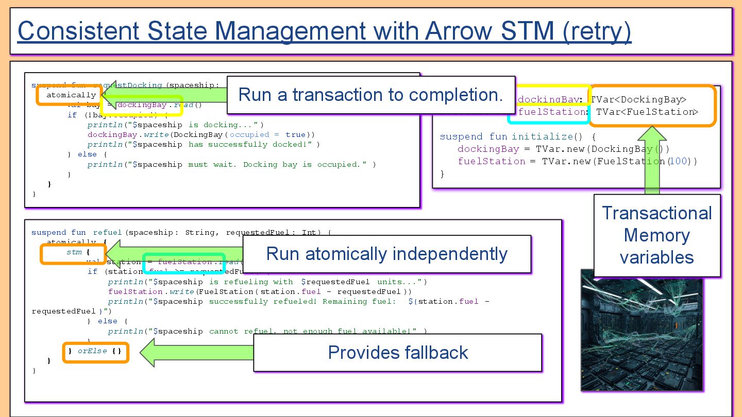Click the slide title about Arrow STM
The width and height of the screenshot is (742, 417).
pyautogui.click(x=325, y=31)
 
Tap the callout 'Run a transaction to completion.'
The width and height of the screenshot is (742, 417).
pyautogui.click(x=370, y=95)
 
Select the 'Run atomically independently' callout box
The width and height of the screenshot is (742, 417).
pyautogui.click(x=386, y=254)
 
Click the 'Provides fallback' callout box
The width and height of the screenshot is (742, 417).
pyautogui.click(x=397, y=353)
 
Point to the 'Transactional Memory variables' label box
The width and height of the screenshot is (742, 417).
pyautogui.click(x=656, y=235)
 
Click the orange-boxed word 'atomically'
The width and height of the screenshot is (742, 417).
pyautogui.click(x=71, y=95)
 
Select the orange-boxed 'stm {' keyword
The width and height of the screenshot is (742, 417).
pyautogui.click(x=77, y=253)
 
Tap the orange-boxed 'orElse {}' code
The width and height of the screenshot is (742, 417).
pyautogui.click(x=95, y=352)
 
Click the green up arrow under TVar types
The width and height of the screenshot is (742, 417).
pyautogui.click(x=652, y=160)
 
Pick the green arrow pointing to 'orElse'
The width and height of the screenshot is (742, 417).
pyautogui.click(x=196, y=353)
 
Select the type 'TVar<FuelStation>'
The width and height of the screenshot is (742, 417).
pyautogui.click(x=647, y=112)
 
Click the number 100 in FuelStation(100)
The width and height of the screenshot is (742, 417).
pyautogui.click(x=678, y=162)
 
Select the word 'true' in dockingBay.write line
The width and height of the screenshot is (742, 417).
pyautogui.click(x=295, y=135)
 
